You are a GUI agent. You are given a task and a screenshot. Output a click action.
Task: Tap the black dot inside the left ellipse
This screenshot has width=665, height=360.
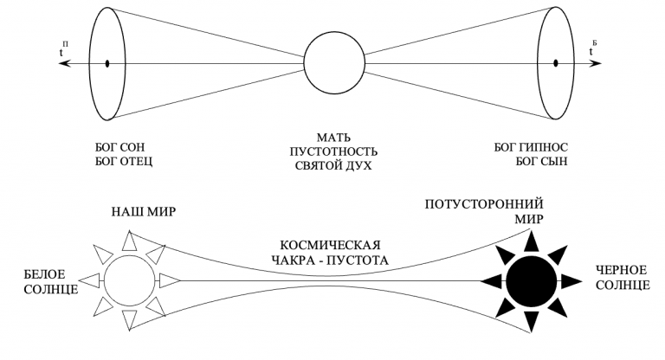click(x=107, y=63)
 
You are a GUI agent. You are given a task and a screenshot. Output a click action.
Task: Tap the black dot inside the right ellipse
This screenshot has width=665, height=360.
click(x=556, y=63)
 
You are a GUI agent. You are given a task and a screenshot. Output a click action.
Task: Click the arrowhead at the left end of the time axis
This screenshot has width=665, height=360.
click(x=64, y=63)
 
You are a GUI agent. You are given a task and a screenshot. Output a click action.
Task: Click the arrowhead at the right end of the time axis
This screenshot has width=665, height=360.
click(x=595, y=63)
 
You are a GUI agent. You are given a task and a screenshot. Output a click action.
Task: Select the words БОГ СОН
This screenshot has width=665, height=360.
click(x=120, y=147)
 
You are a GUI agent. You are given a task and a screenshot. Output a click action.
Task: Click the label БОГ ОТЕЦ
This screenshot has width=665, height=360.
click(x=124, y=162)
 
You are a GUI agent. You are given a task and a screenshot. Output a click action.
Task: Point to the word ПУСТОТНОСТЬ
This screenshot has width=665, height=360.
click(x=333, y=151)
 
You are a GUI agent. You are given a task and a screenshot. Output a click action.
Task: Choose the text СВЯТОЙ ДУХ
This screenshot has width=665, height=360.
click(x=333, y=165)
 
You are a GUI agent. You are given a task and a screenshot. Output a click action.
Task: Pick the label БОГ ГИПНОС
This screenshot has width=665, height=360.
click(x=531, y=147)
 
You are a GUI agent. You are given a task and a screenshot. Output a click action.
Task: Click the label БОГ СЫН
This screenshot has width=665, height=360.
click(x=542, y=162)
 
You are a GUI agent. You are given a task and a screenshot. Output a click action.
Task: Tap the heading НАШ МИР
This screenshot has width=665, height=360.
click(x=144, y=212)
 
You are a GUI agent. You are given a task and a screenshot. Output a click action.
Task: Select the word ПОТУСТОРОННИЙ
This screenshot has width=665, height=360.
click(x=484, y=204)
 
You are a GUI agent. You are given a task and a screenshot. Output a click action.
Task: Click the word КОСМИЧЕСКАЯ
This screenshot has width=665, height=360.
click(x=331, y=245)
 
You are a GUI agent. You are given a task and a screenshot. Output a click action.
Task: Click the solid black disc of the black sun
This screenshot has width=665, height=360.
click(x=531, y=280)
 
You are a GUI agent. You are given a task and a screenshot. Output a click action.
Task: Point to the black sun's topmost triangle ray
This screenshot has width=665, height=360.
click(x=531, y=241)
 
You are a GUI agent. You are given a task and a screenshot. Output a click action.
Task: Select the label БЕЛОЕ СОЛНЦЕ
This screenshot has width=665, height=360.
click(x=51, y=281)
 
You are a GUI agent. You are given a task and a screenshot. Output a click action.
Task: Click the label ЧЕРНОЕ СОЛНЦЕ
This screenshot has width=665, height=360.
click(x=623, y=277)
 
